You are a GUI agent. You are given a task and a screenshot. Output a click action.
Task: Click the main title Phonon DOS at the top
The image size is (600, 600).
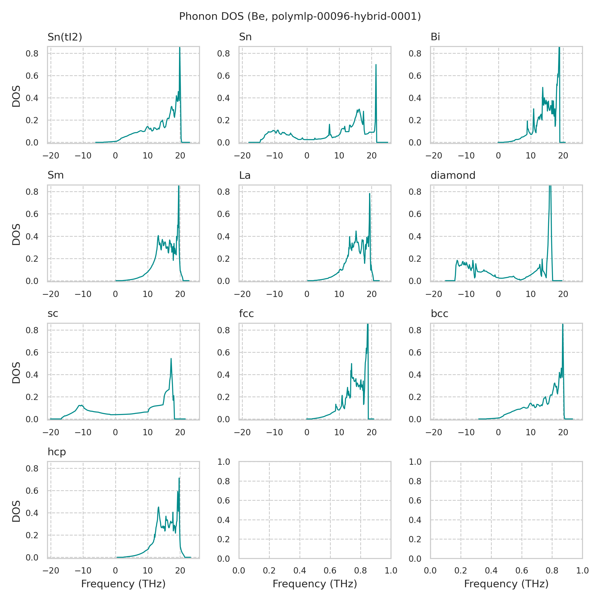[x=300, y=16]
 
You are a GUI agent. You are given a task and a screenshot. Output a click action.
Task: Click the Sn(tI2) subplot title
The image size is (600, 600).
[x=64, y=37]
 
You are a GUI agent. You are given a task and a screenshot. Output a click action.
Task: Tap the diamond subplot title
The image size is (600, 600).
[x=453, y=175]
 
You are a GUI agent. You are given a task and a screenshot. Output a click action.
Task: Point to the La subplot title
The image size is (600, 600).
[x=245, y=175]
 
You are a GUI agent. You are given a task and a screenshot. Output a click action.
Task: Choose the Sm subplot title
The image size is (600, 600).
[x=55, y=175]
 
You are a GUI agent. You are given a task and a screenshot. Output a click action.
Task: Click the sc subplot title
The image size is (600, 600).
[x=53, y=314]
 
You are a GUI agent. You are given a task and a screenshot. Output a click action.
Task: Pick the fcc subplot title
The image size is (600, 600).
[x=246, y=314]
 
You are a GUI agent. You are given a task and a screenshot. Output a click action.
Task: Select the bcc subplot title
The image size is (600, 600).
[x=439, y=314]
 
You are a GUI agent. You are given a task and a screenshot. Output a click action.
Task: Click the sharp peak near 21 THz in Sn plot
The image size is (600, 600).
[x=376, y=65]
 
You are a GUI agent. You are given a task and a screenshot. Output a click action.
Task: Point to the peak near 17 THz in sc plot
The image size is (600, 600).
[x=171, y=359]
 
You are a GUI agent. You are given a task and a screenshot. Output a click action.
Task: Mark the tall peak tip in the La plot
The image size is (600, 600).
[x=369, y=194]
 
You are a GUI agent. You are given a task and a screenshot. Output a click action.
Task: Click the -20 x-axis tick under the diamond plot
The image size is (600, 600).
[x=433, y=294]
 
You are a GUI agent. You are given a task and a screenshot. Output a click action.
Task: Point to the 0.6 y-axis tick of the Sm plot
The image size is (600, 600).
[x=32, y=214]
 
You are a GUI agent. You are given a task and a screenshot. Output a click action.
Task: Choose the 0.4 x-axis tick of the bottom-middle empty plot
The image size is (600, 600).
[x=300, y=570]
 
